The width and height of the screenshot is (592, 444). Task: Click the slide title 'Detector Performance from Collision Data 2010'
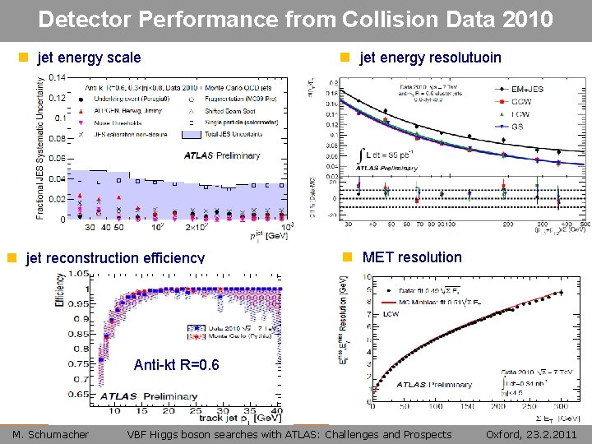point(295,19)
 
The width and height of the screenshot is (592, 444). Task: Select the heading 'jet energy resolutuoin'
point(430,58)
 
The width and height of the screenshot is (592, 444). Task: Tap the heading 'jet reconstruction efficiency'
point(115,258)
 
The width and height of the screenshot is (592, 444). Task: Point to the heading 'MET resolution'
point(412,257)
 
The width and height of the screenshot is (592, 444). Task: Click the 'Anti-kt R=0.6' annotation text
point(176,365)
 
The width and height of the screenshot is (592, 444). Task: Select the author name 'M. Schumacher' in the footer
point(51,434)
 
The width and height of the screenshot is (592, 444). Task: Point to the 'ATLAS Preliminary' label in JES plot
point(222,155)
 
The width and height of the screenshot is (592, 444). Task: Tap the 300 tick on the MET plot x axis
point(561,405)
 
